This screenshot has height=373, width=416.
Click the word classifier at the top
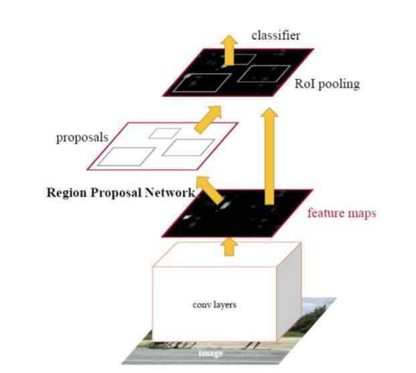(x=275, y=35)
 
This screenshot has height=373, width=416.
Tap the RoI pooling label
(x=327, y=84)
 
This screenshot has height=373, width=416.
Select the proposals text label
(x=82, y=138)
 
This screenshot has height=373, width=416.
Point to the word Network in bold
(x=169, y=192)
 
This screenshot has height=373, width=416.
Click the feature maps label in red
(x=342, y=213)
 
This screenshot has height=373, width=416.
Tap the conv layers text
(x=214, y=305)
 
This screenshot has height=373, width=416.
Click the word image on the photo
(x=210, y=353)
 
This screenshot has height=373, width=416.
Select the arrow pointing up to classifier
(x=230, y=50)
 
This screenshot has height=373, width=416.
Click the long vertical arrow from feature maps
(x=269, y=156)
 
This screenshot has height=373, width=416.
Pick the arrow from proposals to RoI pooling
(x=208, y=119)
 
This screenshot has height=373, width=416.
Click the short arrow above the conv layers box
(x=230, y=247)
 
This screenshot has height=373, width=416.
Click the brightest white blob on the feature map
(x=225, y=205)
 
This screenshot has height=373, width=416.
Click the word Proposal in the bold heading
(x=116, y=193)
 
